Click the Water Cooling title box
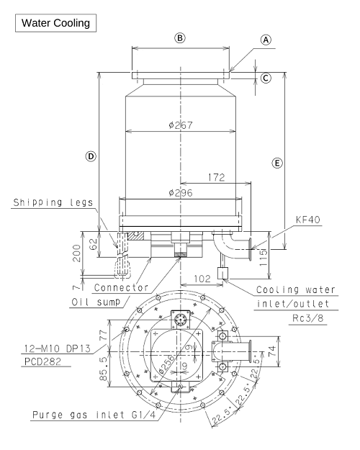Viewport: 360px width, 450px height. [55, 23]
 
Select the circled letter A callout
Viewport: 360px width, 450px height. [266, 40]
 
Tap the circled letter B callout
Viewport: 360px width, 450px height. [180, 38]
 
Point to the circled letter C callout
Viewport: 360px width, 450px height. [266, 78]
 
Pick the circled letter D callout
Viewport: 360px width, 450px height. [91, 156]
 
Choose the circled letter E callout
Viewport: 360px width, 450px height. [277, 163]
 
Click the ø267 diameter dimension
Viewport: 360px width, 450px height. [181, 125]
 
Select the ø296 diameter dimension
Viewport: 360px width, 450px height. [181, 192]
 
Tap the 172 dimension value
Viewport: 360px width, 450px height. [217, 177]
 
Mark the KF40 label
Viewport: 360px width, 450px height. [307, 220]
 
